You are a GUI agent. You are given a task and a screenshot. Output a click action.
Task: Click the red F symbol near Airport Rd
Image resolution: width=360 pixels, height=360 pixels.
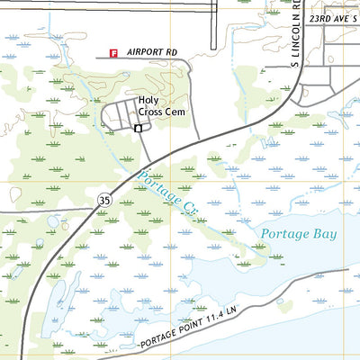point(113,53)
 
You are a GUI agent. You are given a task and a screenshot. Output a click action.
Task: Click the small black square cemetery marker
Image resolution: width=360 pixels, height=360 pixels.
point(138,129)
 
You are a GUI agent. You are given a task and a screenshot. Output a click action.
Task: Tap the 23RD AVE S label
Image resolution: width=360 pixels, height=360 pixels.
point(332,18)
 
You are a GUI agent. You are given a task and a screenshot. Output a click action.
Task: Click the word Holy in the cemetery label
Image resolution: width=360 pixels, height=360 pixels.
point(148,102)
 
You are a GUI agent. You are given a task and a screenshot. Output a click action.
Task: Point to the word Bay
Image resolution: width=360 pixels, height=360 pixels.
point(323,234)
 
